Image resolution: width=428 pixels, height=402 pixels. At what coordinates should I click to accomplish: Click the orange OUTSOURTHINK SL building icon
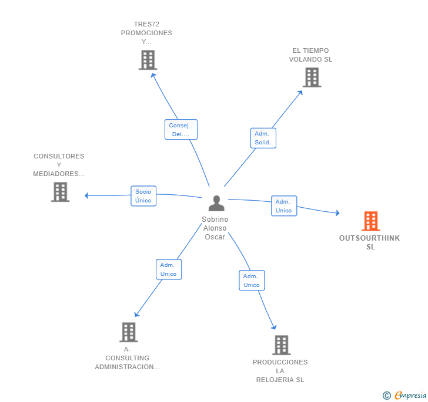[x=370, y=221]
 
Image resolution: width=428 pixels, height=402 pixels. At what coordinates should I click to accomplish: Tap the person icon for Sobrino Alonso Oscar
[x=216, y=204]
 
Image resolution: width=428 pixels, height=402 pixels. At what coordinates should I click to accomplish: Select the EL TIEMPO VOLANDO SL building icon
[x=312, y=77]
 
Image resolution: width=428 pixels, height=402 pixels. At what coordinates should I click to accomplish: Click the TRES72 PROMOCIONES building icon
[x=148, y=60]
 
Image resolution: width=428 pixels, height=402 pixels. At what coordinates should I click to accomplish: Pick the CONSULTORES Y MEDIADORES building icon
[x=60, y=192]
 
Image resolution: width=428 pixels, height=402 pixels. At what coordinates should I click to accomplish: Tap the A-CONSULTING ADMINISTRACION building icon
[x=128, y=332]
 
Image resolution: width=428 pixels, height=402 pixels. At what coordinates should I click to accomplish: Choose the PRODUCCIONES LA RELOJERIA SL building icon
[x=281, y=345]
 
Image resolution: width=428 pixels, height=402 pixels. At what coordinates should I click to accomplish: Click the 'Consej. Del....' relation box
[x=180, y=130]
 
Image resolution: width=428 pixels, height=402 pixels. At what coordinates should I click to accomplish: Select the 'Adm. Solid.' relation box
[x=263, y=138]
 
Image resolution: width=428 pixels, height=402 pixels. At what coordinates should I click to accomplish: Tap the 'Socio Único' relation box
[x=143, y=196]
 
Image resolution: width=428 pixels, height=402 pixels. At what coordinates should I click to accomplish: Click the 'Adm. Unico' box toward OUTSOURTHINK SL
[x=283, y=206]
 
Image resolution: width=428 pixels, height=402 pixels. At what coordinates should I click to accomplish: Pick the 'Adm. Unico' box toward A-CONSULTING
[x=168, y=269]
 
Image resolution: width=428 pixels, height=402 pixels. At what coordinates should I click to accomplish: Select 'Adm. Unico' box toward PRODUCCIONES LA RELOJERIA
[x=251, y=281]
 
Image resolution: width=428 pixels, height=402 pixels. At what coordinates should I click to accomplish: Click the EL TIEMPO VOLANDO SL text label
[x=311, y=55]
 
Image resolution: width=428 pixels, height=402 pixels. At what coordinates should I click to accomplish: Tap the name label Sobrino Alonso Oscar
[x=215, y=228]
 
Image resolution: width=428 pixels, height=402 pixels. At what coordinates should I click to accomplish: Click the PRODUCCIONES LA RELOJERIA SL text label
[x=280, y=371]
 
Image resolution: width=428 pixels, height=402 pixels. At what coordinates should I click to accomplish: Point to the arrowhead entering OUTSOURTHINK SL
[x=337, y=213]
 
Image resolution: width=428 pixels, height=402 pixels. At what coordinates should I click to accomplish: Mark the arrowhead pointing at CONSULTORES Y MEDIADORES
[x=87, y=195]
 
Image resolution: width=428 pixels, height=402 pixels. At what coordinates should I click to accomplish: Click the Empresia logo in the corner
[x=404, y=396]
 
